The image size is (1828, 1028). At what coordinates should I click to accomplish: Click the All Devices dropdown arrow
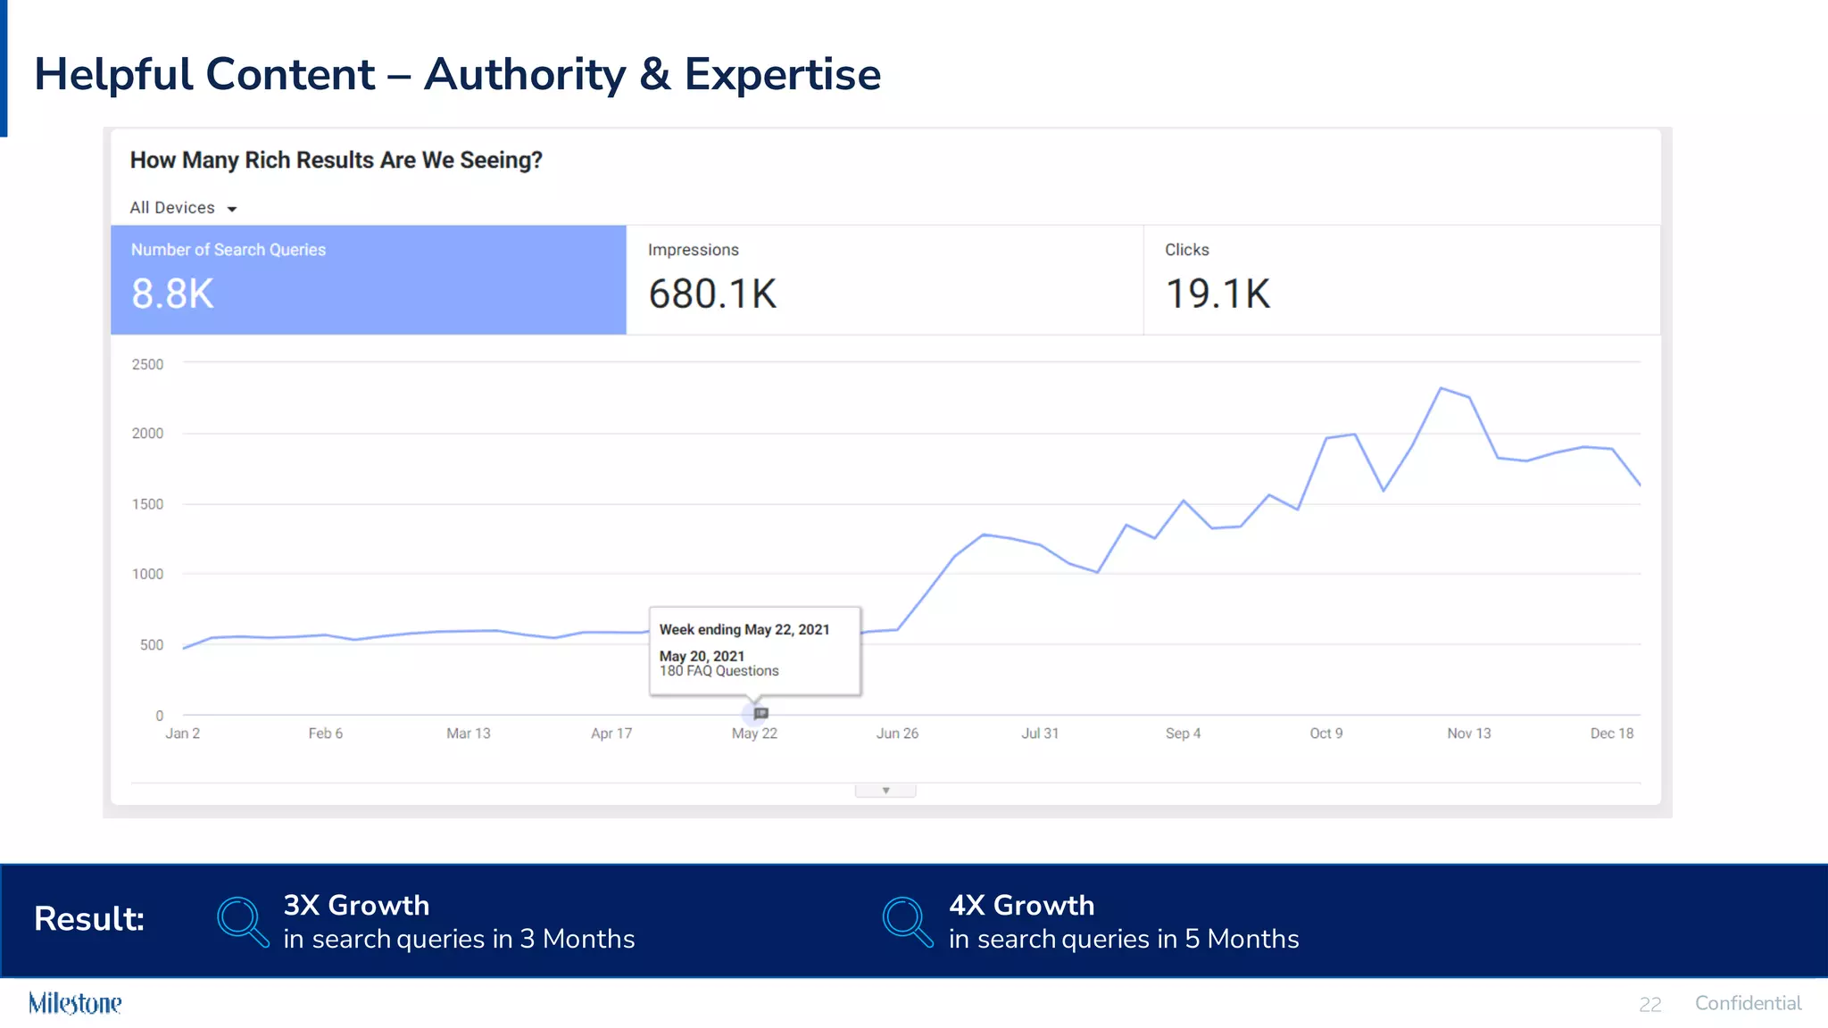click(x=231, y=209)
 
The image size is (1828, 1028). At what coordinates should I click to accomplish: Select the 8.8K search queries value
click(x=172, y=294)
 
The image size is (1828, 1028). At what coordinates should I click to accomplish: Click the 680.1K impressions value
click(x=712, y=294)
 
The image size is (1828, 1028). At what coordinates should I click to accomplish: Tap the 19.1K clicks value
click(x=1217, y=294)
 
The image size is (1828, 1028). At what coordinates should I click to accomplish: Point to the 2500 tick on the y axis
click(x=147, y=364)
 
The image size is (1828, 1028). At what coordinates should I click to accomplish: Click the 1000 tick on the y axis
click(x=147, y=574)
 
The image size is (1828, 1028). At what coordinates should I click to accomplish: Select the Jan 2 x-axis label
click(x=182, y=734)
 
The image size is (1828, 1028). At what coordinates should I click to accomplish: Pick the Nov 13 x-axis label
click(x=1468, y=734)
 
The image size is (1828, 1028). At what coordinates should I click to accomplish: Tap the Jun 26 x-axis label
click(x=897, y=734)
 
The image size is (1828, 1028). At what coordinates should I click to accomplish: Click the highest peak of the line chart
click(x=1441, y=388)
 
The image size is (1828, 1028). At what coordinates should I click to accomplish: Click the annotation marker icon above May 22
click(x=760, y=713)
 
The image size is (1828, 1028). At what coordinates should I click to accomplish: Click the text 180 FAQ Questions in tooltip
click(x=719, y=671)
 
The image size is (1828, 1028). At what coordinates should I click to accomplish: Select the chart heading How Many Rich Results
click(x=336, y=161)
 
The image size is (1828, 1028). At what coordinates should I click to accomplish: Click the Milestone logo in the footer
click(x=75, y=1003)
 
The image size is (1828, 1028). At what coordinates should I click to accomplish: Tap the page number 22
click(x=1649, y=1005)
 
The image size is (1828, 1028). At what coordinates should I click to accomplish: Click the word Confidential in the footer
click(x=1748, y=1003)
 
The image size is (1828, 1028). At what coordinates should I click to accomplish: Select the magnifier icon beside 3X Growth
click(x=242, y=921)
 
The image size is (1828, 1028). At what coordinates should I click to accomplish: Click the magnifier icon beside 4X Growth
click(x=907, y=921)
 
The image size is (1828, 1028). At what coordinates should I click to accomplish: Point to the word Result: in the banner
click(x=89, y=918)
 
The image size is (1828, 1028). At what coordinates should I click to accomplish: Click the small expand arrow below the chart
click(x=885, y=791)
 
